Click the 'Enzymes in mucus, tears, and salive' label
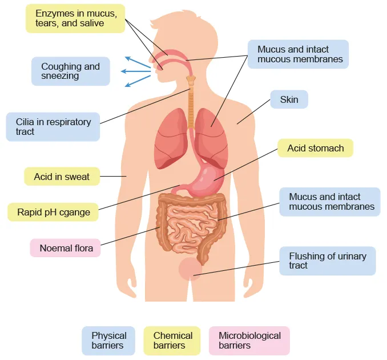75,18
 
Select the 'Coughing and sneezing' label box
70,71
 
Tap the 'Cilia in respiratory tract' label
53,126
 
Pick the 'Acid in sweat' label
62,177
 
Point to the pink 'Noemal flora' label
66,248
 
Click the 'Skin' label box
289,100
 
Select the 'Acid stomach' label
315,148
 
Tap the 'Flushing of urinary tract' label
328,261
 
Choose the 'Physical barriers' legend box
108,341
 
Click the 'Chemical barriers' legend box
172,341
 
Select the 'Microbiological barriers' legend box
249,341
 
